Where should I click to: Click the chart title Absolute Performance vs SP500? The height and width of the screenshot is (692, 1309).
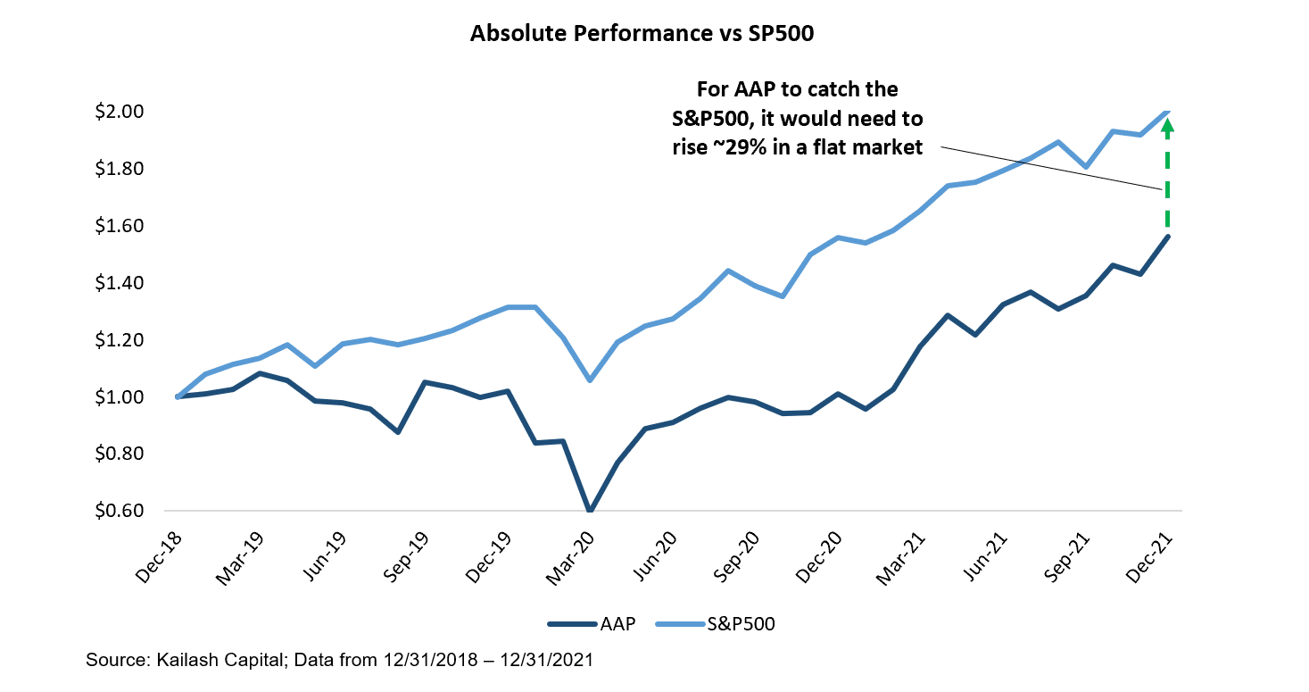click(x=654, y=34)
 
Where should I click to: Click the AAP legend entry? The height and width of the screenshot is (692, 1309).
click(x=591, y=624)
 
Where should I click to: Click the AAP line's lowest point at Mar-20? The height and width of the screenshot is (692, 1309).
click(x=589, y=511)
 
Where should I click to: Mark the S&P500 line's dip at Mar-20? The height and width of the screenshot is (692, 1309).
click(x=589, y=380)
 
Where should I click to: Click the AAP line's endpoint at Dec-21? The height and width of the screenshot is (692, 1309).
click(x=1167, y=237)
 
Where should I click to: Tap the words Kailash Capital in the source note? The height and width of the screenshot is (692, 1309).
click(x=198, y=661)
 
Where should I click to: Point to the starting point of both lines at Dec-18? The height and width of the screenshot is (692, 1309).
click(x=178, y=396)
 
